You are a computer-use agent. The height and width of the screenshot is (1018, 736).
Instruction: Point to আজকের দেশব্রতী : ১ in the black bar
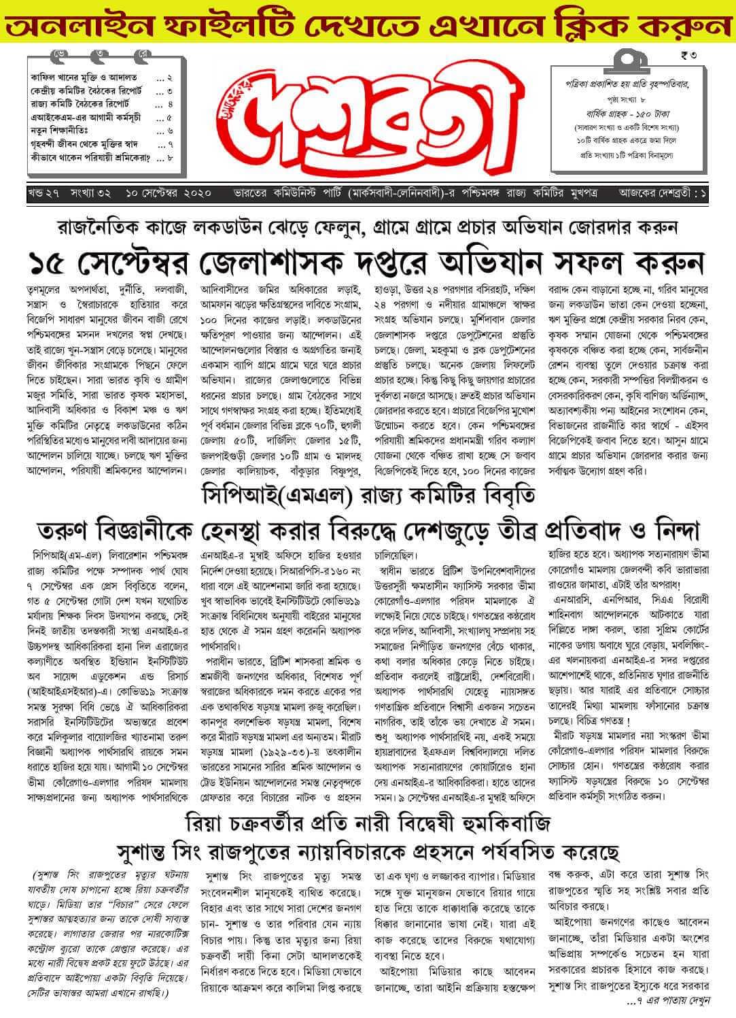[663, 193]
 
